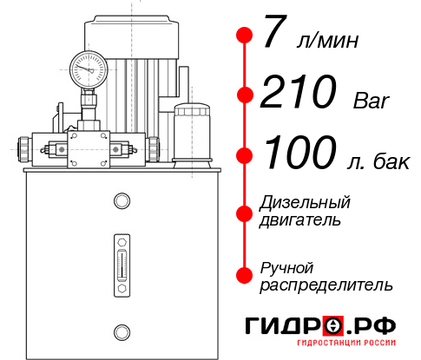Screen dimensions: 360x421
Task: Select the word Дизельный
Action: tap(305, 203)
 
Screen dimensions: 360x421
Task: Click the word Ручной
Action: tap(287, 266)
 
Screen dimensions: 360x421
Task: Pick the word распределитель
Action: tap(326, 284)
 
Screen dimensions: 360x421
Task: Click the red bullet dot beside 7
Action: tap(245, 36)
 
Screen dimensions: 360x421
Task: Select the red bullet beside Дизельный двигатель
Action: tap(245, 213)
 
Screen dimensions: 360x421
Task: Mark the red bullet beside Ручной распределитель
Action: tap(245, 275)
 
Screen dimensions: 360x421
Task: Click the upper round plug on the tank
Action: tap(121, 201)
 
